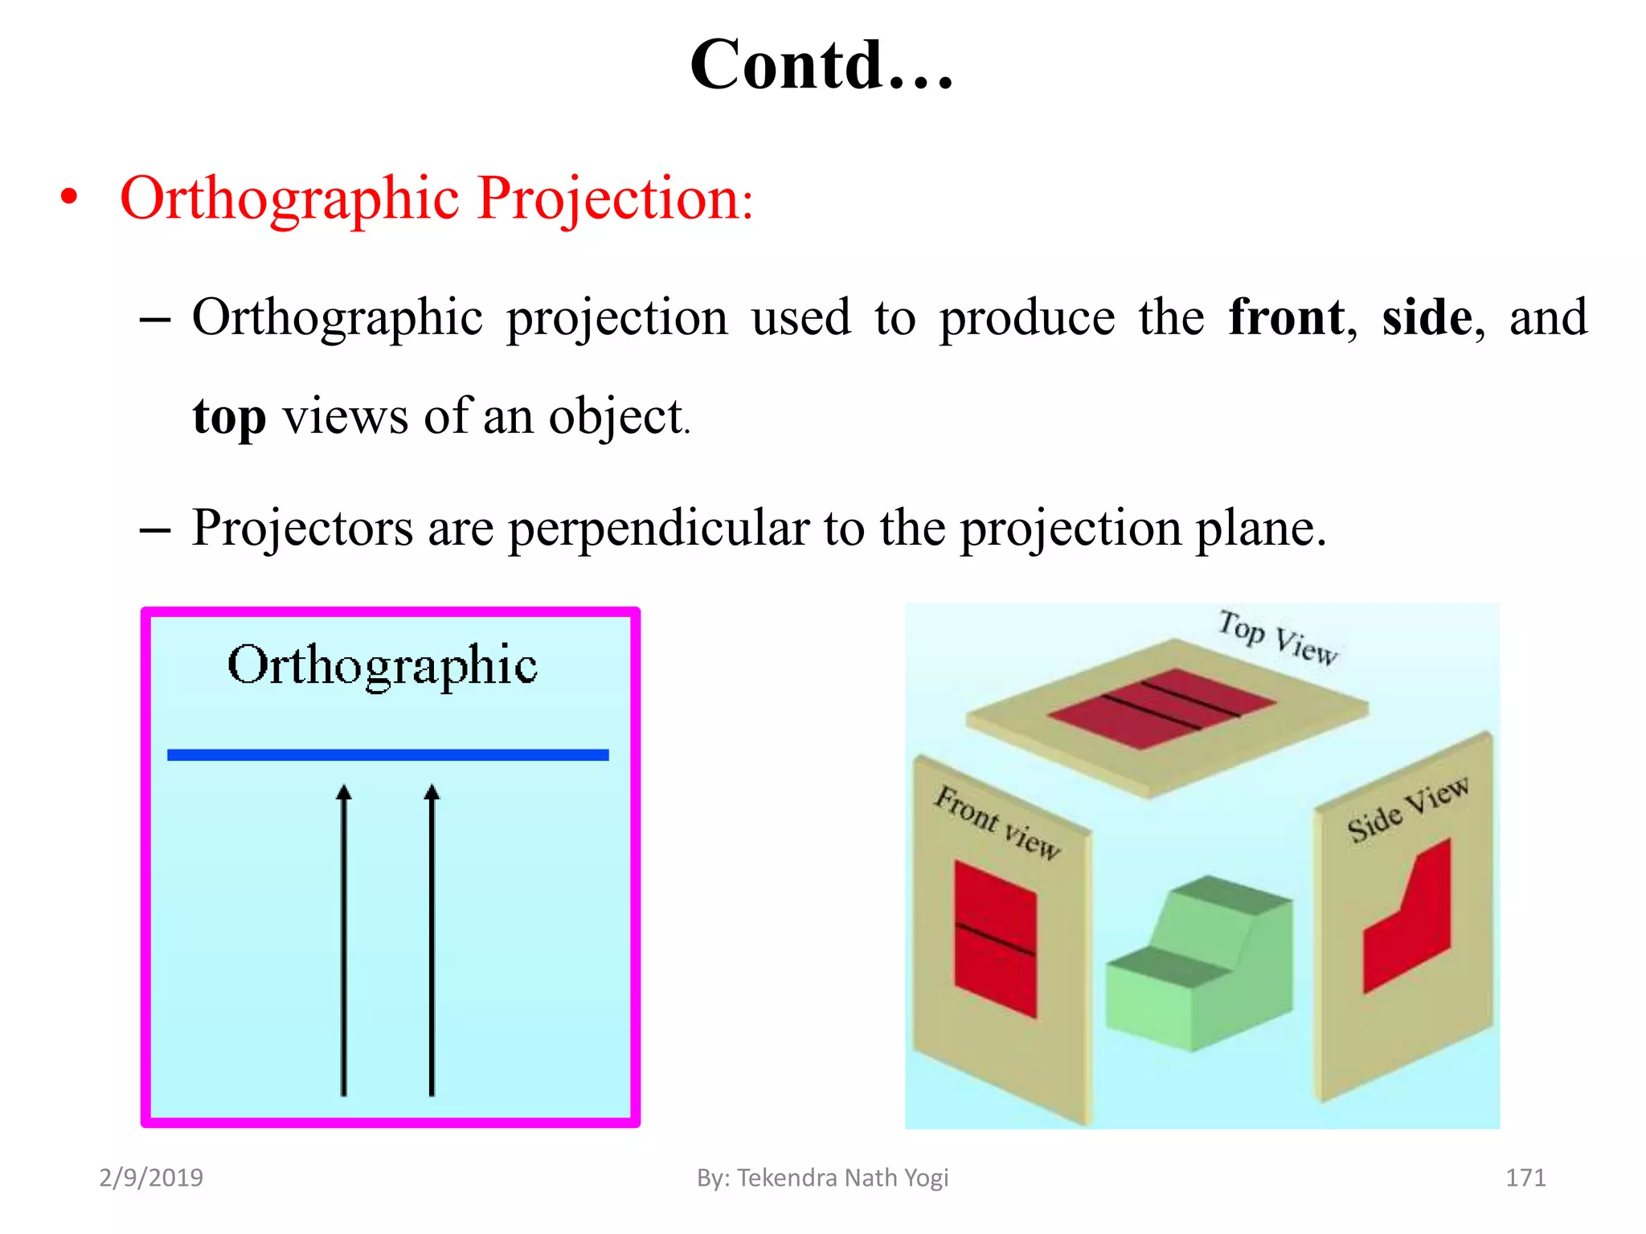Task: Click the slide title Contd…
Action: pos(821,66)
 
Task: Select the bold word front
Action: pos(1286,318)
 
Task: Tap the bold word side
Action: pos(1427,318)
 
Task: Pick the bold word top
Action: pos(229,418)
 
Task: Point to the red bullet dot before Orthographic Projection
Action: pos(70,198)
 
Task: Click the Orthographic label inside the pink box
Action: pos(383,665)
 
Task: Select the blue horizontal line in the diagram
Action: pos(387,754)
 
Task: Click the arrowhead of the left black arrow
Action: pos(344,794)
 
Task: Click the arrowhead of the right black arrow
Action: pos(432,794)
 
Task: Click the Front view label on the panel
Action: pos(997,822)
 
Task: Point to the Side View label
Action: pos(1407,809)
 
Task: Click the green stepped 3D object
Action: pos(1198,964)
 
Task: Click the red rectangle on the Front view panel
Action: pos(995,936)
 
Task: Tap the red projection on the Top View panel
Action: pos(1161,707)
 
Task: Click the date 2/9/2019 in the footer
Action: pos(151,1178)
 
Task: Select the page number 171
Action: pos(1525,1178)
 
